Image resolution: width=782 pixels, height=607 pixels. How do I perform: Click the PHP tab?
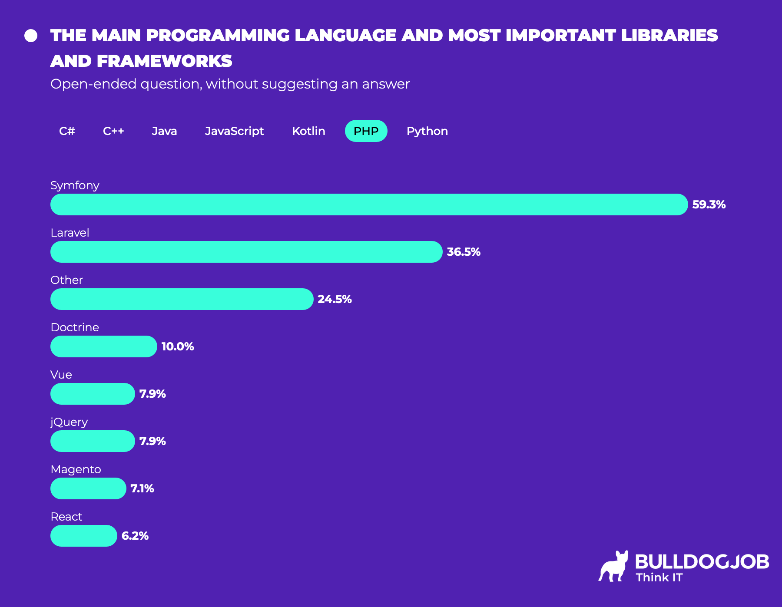pyautogui.click(x=366, y=131)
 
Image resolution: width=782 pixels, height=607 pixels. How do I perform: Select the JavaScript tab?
pyautogui.click(x=234, y=131)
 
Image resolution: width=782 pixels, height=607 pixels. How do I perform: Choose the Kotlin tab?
pyautogui.click(x=308, y=131)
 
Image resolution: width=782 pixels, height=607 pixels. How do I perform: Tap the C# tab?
pyautogui.click(x=67, y=131)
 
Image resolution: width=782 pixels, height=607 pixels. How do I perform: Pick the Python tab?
pyautogui.click(x=427, y=131)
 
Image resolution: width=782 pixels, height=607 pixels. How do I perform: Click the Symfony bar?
pyautogui.click(x=369, y=205)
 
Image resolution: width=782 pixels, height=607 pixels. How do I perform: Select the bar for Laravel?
pyautogui.click(x=246, y=252)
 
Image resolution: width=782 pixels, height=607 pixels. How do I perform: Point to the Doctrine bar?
pyautogui.click(x=103, y=346)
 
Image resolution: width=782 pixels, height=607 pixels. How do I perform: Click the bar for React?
pyautogui.click(x=83, y=536)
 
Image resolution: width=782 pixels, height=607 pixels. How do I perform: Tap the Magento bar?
pyautogui.click(x=88, y=488)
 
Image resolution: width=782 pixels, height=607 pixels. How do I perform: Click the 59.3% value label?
pyautogui.click(x=709, y=205)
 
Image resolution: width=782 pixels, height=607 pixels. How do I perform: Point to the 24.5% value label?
pyautogui.click(x=335, y=299)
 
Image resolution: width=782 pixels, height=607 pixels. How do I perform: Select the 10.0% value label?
pyautogui.click(x=177, y=346)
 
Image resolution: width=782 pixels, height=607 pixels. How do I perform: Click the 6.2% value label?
pyautogui.click(x=135, y=536)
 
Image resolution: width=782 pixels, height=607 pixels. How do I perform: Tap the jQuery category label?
pyautogui.click(x=69, y=422)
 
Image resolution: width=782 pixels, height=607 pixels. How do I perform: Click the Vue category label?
pyautogui.click(x=61, y=375)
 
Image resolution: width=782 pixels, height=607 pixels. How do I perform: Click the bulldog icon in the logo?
pyautogui.click(x=613, y=566)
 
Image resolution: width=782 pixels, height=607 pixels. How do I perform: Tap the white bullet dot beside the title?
pyautogui.click(x=31, y=36)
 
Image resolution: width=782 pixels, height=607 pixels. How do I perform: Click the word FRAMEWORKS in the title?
pyautogui.click(x=164, y=61)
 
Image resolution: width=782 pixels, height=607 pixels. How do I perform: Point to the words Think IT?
pyautogui.click(x=659, y=577)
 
